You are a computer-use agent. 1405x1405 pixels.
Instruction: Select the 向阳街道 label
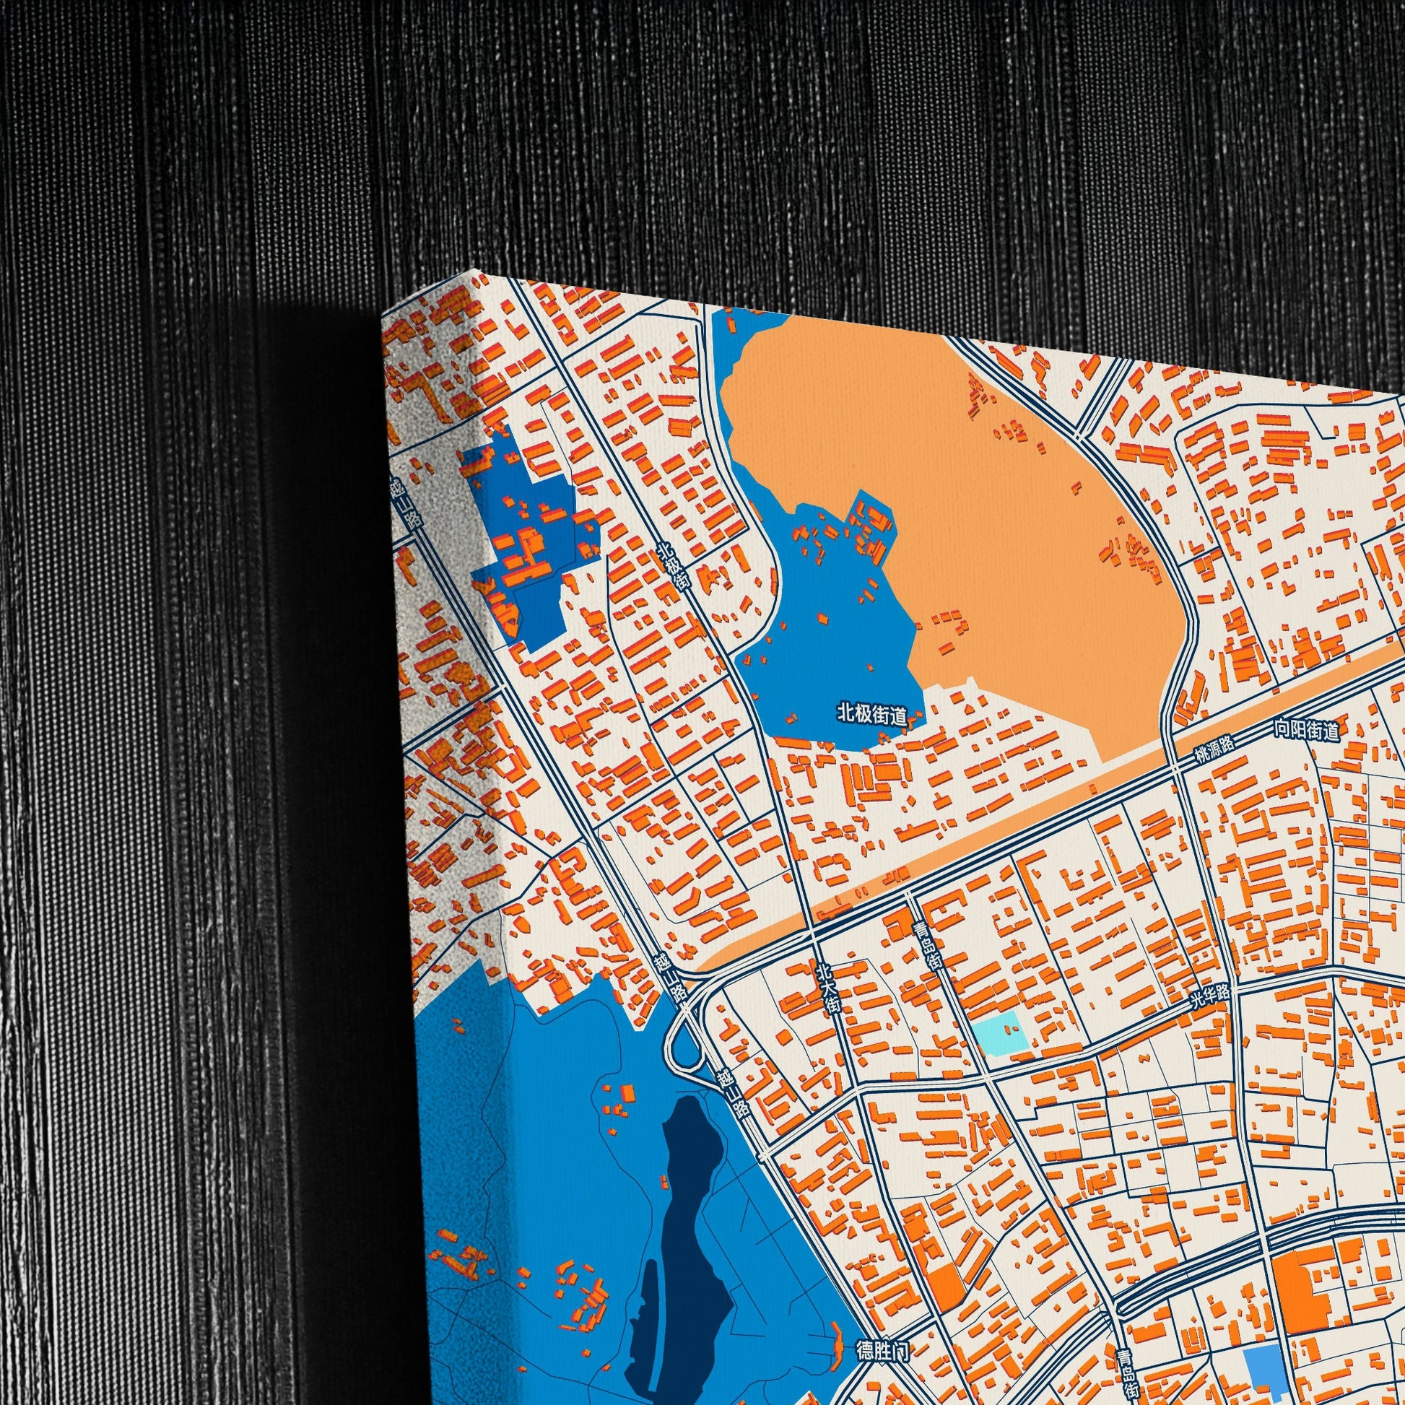[1306, 729]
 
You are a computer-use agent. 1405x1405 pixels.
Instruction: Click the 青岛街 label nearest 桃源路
[926, 944]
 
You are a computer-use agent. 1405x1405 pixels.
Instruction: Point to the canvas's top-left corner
[384, 317]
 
